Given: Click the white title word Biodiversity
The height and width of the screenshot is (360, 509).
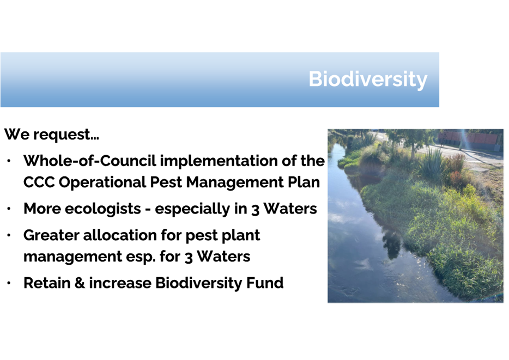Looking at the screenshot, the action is point(368,79).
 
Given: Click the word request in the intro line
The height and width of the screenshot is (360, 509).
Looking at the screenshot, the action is point(66,135).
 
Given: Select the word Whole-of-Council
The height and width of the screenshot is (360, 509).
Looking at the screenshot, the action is point(89,161).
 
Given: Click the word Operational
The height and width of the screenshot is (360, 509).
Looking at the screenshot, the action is point(102,182).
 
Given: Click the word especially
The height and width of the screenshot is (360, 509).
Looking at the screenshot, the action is point(192,209).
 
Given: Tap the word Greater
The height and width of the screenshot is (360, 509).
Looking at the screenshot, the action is point(51,235).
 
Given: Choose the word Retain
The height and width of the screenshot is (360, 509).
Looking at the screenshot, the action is point(47,283).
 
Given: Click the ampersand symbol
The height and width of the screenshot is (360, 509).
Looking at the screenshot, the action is point(80,283).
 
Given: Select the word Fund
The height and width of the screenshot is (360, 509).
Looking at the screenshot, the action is point(265,283).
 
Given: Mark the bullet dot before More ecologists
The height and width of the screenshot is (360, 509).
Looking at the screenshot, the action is point(9,209).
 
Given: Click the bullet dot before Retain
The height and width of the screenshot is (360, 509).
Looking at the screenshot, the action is point(9,283).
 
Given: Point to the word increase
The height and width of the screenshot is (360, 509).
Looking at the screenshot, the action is point(120,283).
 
